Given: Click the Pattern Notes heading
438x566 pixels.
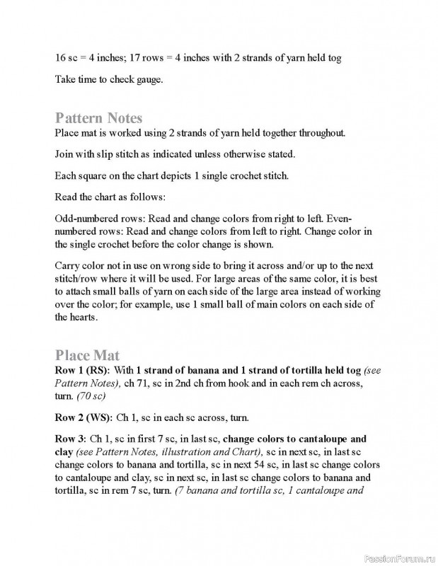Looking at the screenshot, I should click(98, 117).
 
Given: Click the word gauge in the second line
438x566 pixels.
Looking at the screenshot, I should click(147, 79).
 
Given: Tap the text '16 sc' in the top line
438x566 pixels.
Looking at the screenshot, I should click(66, 58).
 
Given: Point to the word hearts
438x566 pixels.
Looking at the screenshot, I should click(83, 318).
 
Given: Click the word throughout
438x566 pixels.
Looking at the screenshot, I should click(319, 132).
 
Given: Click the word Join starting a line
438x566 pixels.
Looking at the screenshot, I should click(65, 154).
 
